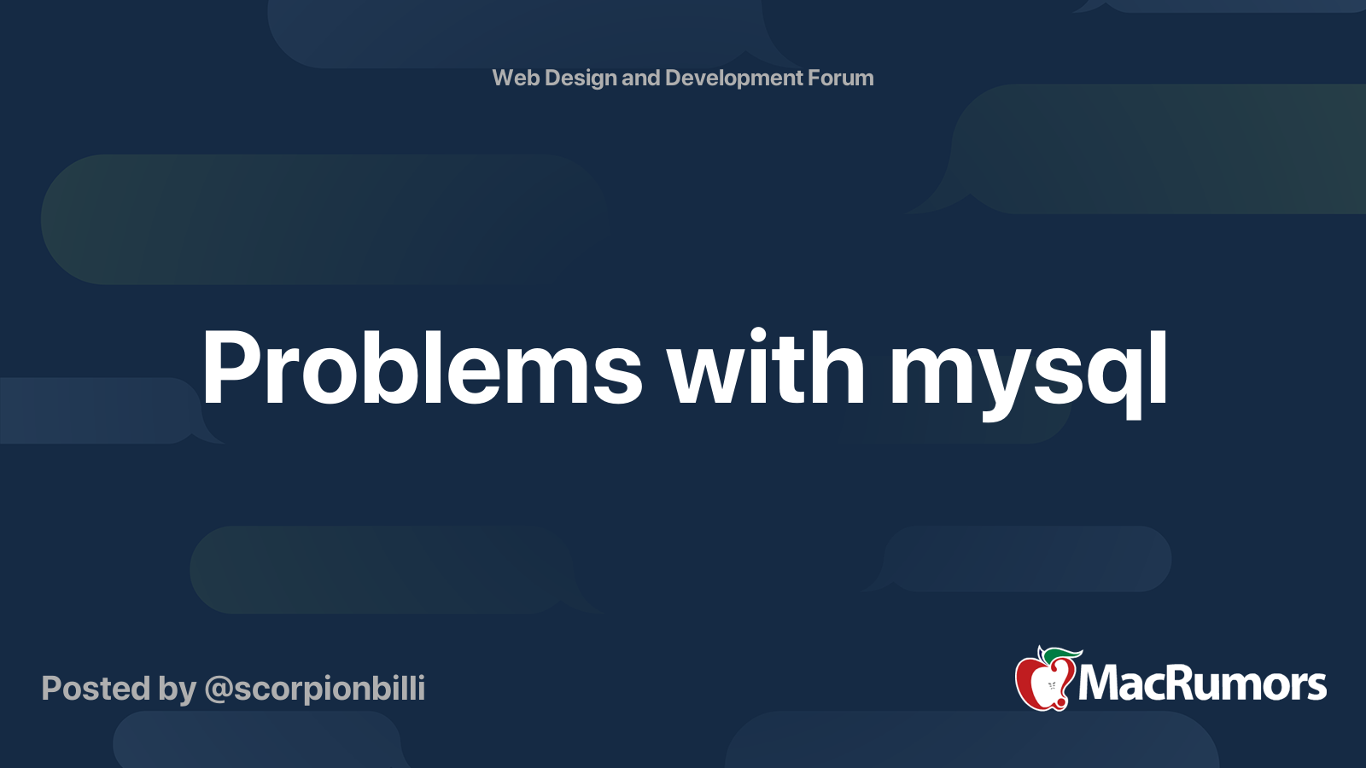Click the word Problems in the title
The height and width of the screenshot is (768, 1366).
point(422,368)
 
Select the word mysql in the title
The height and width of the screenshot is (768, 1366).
point(1028,375)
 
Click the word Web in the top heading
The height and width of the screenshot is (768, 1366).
point(516,78)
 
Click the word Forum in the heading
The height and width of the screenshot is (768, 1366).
point(841,78)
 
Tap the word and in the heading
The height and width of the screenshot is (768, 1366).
point(641,78)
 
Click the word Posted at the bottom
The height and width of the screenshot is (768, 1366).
point(96,689)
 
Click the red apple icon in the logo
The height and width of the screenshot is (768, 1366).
point(1045,681)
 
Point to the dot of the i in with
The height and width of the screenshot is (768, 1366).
point(758,336)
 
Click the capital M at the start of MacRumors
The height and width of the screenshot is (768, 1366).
point(1101,683)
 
